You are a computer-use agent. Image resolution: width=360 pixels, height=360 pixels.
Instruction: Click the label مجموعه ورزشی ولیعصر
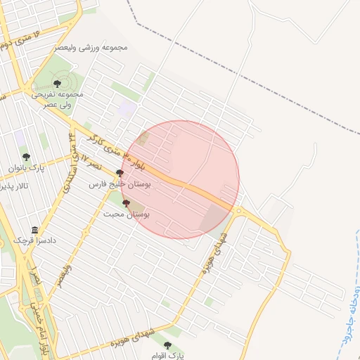click(91, 48)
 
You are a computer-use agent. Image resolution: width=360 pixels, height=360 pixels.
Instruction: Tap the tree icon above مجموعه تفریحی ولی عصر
click(57, 84)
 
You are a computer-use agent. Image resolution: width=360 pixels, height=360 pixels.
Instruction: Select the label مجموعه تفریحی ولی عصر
click(58, 99)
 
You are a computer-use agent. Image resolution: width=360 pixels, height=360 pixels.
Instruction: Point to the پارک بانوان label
click(27, 169)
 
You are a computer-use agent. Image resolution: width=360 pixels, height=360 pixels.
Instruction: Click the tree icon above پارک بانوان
click(27, 157)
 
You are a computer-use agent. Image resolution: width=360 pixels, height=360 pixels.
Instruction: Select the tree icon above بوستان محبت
click(126, 203)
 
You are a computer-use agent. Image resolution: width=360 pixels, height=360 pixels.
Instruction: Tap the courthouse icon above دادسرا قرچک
click(35, 231)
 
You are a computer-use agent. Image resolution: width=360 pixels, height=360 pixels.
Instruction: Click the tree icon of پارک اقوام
click(167, 345)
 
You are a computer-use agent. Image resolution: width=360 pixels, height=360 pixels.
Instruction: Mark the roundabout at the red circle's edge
click(239, 210)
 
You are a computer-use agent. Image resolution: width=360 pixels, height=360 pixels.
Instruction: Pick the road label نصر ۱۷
click(89, 160)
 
